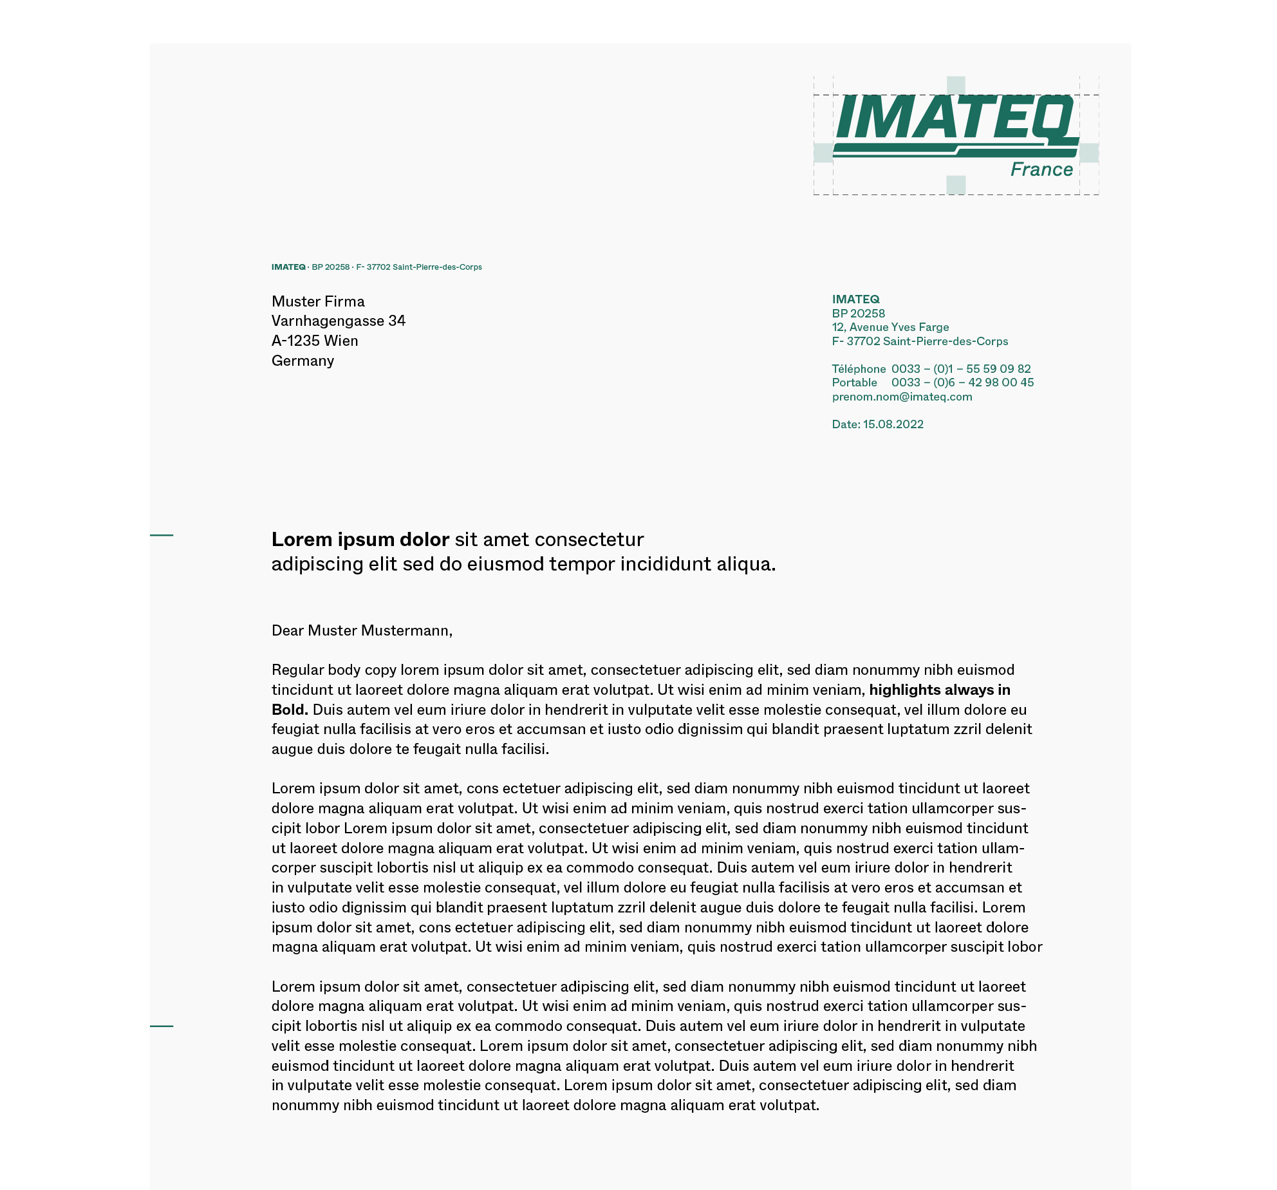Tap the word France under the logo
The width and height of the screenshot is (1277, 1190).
1041,169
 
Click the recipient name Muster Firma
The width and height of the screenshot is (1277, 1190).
318,301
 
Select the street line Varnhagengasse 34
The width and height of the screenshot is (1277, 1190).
339,321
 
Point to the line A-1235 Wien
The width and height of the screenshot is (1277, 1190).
315,341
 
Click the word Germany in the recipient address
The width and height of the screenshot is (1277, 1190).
303,361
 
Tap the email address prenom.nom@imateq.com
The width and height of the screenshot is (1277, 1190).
902,397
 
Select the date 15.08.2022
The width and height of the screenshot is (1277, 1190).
893,424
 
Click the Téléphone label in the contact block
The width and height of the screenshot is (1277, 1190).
859,369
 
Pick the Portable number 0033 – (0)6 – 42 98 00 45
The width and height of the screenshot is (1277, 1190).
962,382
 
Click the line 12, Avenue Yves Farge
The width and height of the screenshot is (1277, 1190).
890,327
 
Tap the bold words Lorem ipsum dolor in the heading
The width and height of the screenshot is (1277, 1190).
360,540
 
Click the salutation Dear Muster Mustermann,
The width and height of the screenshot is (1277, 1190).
362,630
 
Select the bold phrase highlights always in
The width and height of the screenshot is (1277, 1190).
939,690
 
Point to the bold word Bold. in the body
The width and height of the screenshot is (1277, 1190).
290,710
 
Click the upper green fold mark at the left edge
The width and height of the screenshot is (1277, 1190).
162,535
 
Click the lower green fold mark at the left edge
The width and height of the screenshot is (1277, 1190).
162,1026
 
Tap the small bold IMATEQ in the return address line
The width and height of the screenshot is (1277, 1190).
288,267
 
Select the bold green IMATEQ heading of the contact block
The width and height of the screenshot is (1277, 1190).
855,299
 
